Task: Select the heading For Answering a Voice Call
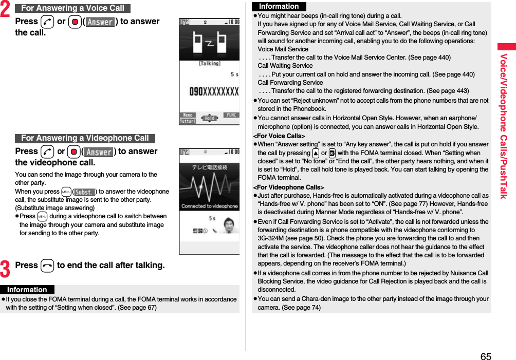pyautogui.click(x=72, y=8)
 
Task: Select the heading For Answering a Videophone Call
pyautogui.click(x=85, y=138)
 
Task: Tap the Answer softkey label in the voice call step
pyautogui.click(x=100, y=22)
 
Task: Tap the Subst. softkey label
pyautogui.click(x=84, y=192)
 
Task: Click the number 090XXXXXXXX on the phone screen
pyautogui.click(x=214, y=91)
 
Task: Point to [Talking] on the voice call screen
pyautogui.click(x=209, y=64)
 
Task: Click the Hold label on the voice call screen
pyautogui.click(x=209, y=118)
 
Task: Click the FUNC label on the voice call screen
pyautogui.click(x=232, y=115)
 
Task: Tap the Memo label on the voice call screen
pyautogui.click(x=188, y=115)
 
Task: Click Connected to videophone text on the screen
pyautogui.click(x=209, y=206)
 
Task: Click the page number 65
pyautogui.click(x=486, y=356)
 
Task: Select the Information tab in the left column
pyautogui.click(x=27, y=290)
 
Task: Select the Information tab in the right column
pyautogui.click(x=279, y=7)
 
